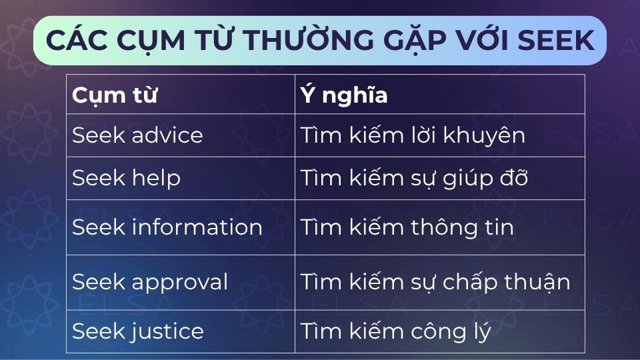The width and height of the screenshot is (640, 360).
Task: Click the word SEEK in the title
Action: tap(555, 40)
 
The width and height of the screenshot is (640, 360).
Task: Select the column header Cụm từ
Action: tap(115, 95)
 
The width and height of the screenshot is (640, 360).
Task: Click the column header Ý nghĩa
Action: tap(344, 94)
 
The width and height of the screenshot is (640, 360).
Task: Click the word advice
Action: tap(167, 135)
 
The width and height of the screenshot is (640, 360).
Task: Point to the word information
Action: tap(197, 227)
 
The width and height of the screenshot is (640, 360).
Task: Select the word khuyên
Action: tap(484, 135)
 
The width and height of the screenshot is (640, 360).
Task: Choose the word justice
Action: tap(167, 331)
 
